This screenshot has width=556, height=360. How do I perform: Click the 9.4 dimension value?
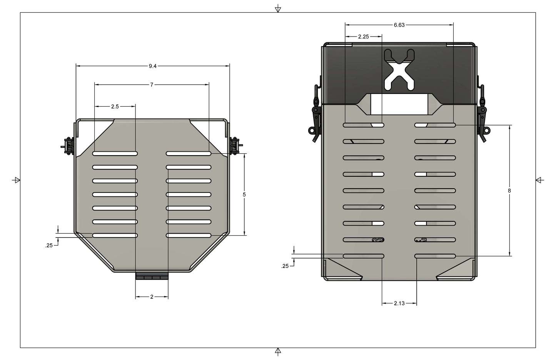(x=153, y=66)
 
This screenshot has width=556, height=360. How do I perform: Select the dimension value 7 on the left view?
(x=152, y=85)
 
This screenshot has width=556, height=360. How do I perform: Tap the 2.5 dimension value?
(x=115, y=107)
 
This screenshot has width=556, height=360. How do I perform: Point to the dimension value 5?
(x=244, y=195)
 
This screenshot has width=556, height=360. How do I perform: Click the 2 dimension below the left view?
(x=152, y=297)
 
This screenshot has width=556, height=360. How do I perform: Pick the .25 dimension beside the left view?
(x=49, y=245)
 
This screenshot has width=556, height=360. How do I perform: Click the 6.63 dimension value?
(x=399, y=25)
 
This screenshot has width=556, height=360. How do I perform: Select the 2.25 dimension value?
(x=363, y=37)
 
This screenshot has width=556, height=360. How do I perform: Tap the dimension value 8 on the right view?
(x=509, y=191)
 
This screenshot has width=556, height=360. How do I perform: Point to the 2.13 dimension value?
(x=399, y=303)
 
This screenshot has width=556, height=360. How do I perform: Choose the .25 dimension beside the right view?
(x=285, y=266)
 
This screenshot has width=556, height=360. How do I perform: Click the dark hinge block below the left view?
(x=152, y=276)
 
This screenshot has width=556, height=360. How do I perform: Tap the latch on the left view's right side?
(x=234, y=146)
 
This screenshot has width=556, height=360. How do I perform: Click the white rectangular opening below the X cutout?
(x=399, y=104)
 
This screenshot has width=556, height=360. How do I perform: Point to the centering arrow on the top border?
(x=278, y=9)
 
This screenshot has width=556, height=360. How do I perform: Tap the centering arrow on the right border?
(x=539, y=180)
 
